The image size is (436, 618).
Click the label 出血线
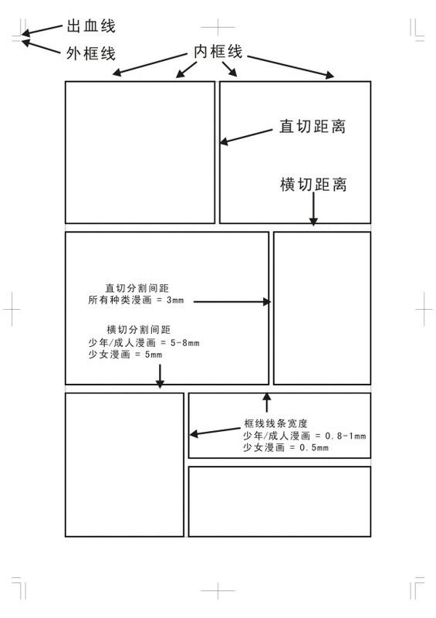91,26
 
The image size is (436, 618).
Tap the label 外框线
91,53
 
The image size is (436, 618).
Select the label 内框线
218,51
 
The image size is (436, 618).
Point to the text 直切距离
313,127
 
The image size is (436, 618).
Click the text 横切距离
313,185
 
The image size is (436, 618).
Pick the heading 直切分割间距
137,288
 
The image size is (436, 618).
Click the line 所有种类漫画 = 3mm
136,300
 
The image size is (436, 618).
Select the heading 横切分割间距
138,329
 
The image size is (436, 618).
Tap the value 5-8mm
184,342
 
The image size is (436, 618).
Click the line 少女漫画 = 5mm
125,355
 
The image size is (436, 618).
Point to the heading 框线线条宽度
275,423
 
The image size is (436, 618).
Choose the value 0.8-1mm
346,436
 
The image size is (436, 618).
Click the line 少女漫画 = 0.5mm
286,447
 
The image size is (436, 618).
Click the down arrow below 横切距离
313,209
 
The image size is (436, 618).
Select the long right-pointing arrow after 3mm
232,302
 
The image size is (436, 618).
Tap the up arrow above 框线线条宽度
267,402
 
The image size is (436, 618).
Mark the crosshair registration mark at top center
218,27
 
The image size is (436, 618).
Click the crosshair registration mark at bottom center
218,591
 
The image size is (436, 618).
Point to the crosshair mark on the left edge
12,310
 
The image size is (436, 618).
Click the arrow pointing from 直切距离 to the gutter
246,137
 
